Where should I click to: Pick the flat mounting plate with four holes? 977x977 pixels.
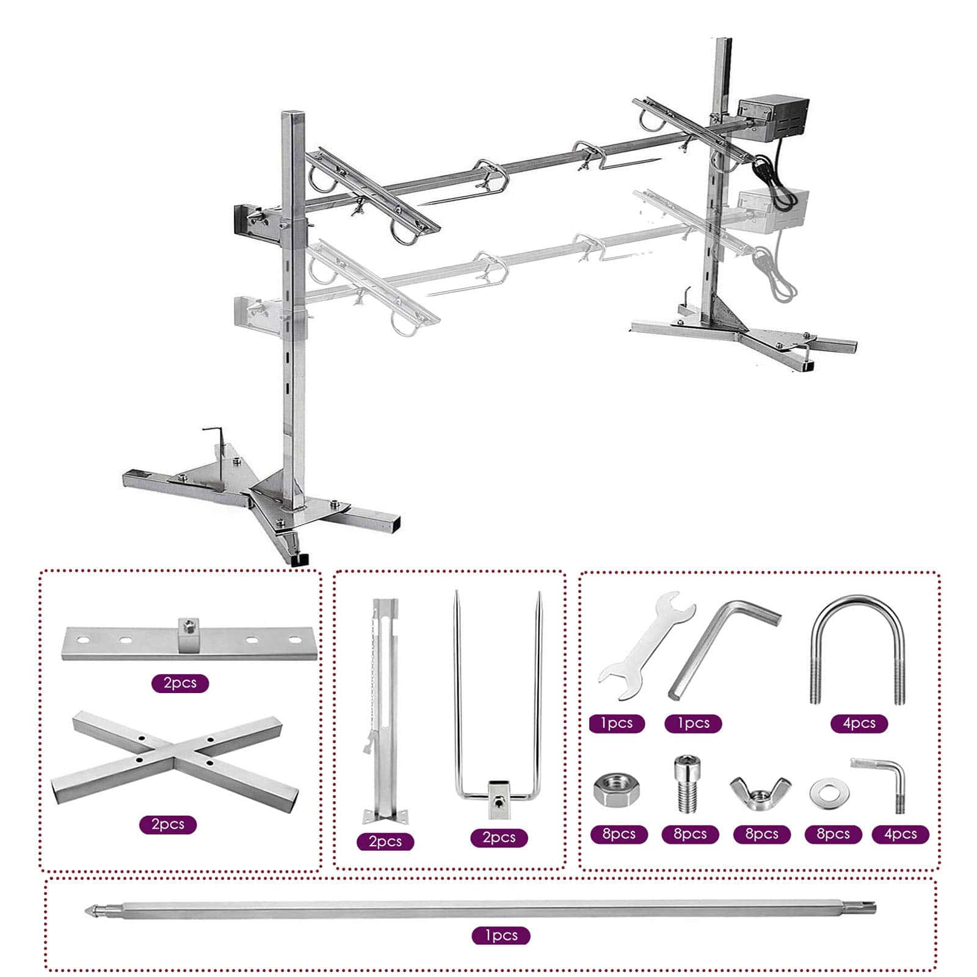click(x=191, y=642)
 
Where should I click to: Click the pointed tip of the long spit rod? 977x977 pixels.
click(x=85, y=908)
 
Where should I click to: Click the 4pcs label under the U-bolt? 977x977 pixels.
click(x=859, y=724)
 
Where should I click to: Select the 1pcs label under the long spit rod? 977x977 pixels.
click(x=501, y=935)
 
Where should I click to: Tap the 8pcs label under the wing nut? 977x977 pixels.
click(x=761, y=834)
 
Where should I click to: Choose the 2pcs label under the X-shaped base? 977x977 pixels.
click(x=168, y=824)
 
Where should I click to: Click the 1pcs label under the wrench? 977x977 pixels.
click(x=617, y=724)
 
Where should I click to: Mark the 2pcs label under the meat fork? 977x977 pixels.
click(x=499, y=838)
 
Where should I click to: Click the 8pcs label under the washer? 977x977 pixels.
click(x=833, y=834)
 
